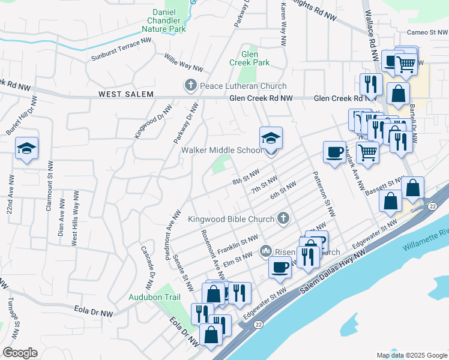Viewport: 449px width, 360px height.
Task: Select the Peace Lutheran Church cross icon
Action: pos(191,86)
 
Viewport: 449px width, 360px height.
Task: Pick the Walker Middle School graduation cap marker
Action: pos(271,139)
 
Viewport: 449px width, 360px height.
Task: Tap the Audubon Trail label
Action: pos(154,297)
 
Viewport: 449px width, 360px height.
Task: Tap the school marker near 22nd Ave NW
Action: pos(26,148)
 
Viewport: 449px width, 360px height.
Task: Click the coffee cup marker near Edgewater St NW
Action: pos(280,267)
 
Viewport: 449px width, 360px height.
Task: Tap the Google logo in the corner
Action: pos(20,353)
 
